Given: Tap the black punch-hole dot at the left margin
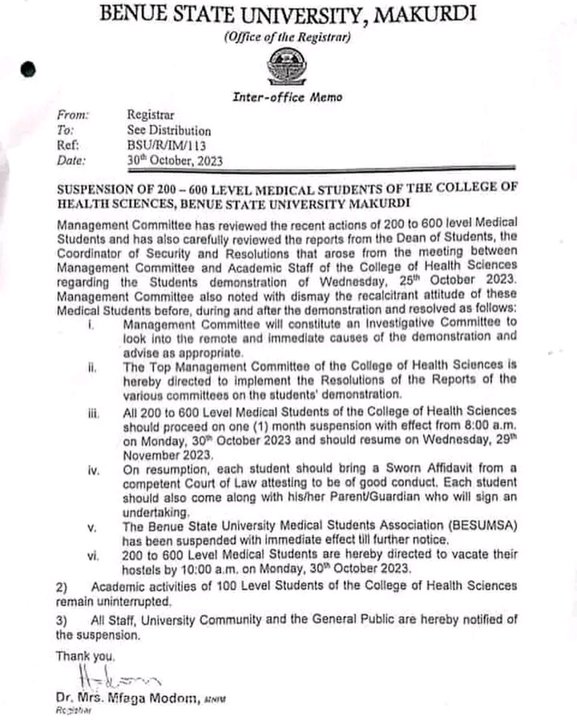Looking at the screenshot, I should [x=29, y=70].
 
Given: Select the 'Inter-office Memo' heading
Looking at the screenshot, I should [x=287, y=97].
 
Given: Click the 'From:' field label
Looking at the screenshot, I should [x=74, y=115].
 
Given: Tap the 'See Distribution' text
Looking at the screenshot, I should [x=169, y=131].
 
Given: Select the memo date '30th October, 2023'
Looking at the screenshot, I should [x=175, y=160].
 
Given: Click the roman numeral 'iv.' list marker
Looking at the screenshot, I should [x=94, y=469].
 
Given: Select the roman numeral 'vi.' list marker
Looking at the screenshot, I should [x=94, y=554].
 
